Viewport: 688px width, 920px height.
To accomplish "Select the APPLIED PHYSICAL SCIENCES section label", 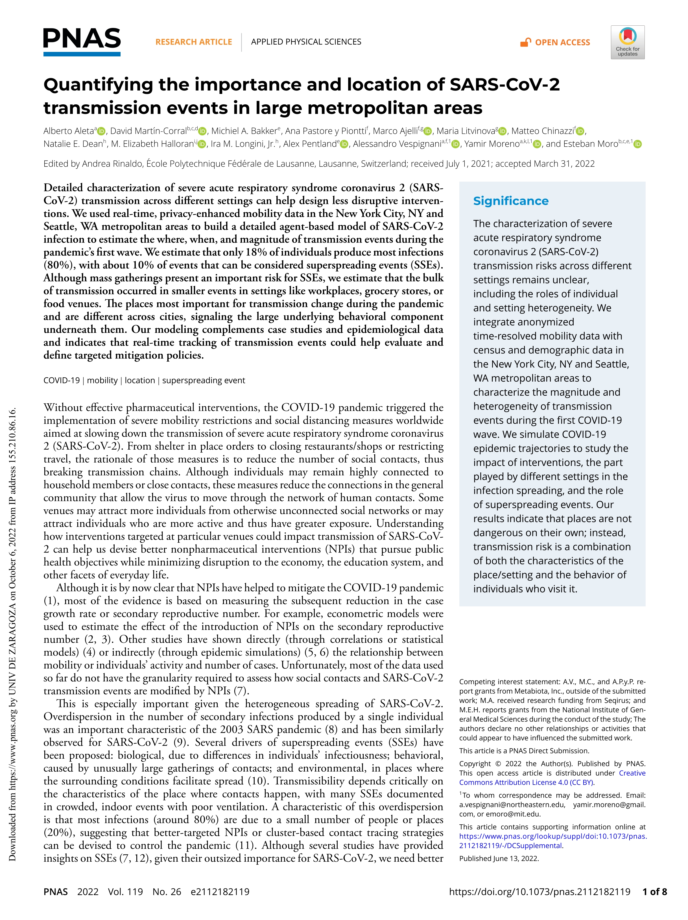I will point(306,41).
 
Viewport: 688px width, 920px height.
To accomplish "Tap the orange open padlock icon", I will point(525,42).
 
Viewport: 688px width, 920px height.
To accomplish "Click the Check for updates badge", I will point(627,42).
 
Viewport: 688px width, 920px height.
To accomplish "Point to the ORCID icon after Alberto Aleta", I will point(101,131).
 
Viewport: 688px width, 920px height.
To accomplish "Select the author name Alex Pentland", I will point(310,144).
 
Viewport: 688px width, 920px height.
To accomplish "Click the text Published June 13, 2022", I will point(499,858).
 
